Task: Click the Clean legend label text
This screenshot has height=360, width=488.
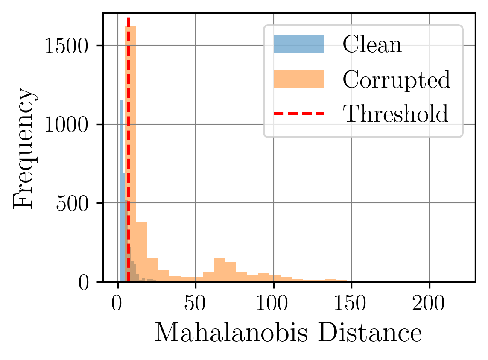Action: [x=372, y=44]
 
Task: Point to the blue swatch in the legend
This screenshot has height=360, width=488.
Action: [x=298, y=44]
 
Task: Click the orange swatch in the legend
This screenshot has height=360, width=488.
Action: [x=298, y=79]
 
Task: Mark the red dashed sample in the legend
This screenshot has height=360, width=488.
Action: [x=298, y=114]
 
